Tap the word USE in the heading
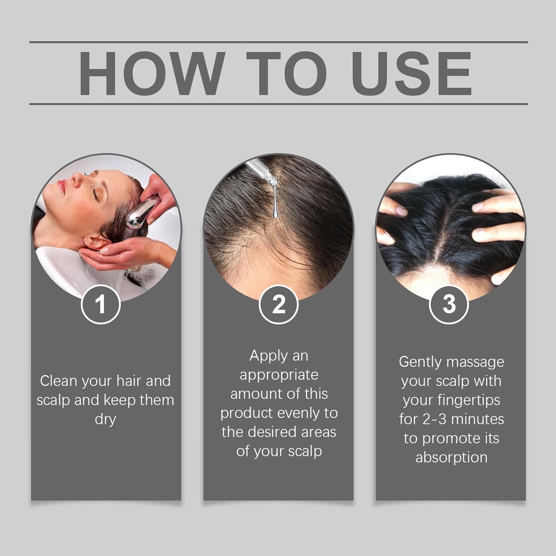(411, 73)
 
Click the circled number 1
(100, 305)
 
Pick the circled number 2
(278, 305)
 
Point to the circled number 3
(449, 304)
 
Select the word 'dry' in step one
(105, 419)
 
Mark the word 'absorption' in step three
(451, 457)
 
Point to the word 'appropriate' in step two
(279, 375)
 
